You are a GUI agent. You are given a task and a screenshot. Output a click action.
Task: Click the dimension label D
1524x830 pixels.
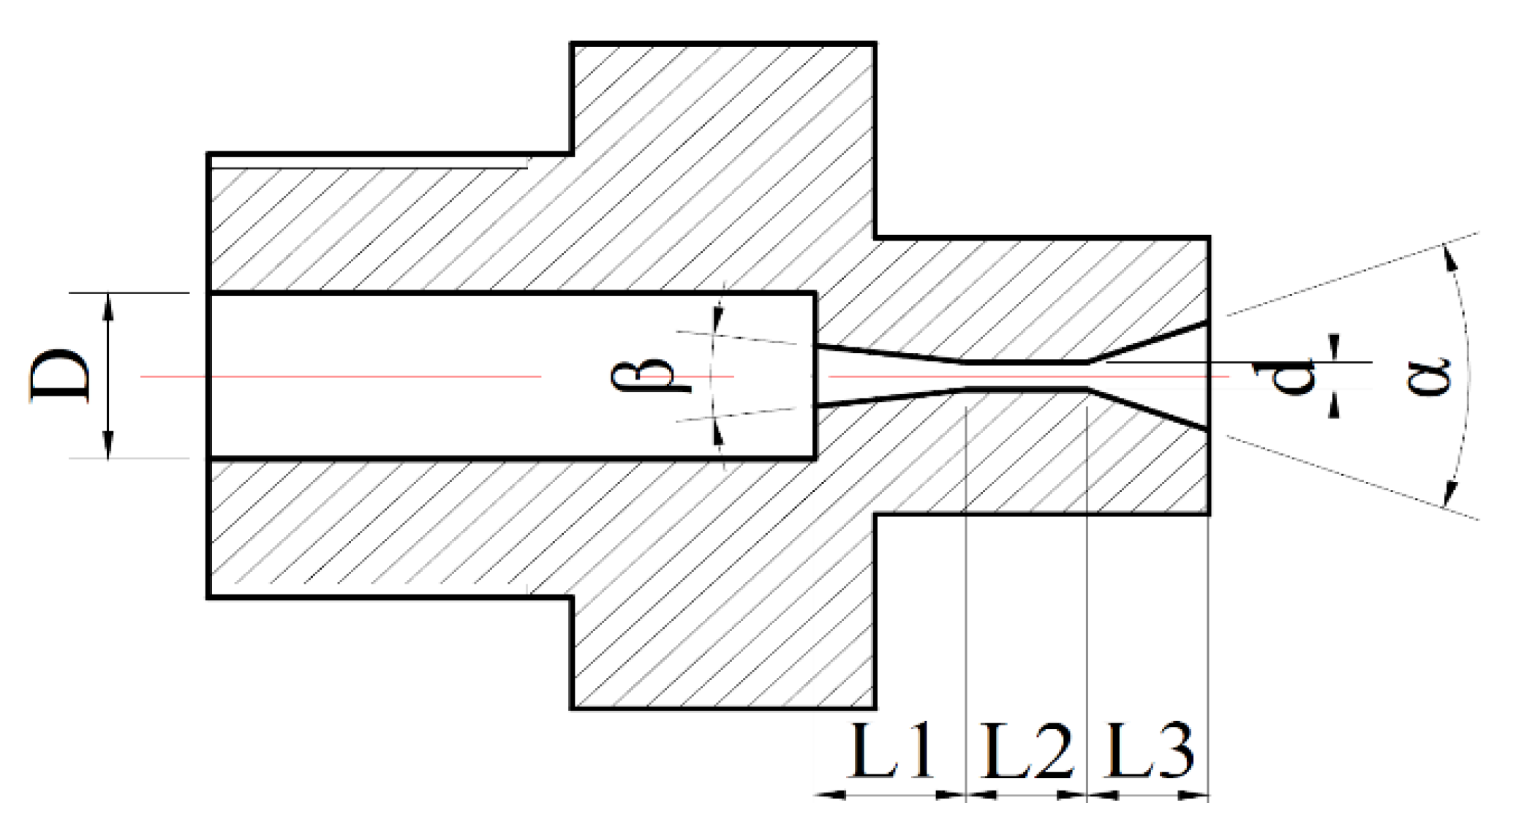61,375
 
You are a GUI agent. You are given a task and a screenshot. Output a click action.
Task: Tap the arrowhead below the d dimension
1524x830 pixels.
1334,407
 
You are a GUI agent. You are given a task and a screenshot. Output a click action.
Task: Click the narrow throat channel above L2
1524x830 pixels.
1025,375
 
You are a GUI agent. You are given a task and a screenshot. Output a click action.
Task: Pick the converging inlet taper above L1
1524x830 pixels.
889,375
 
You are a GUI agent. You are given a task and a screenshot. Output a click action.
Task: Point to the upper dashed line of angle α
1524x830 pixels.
1353,274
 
